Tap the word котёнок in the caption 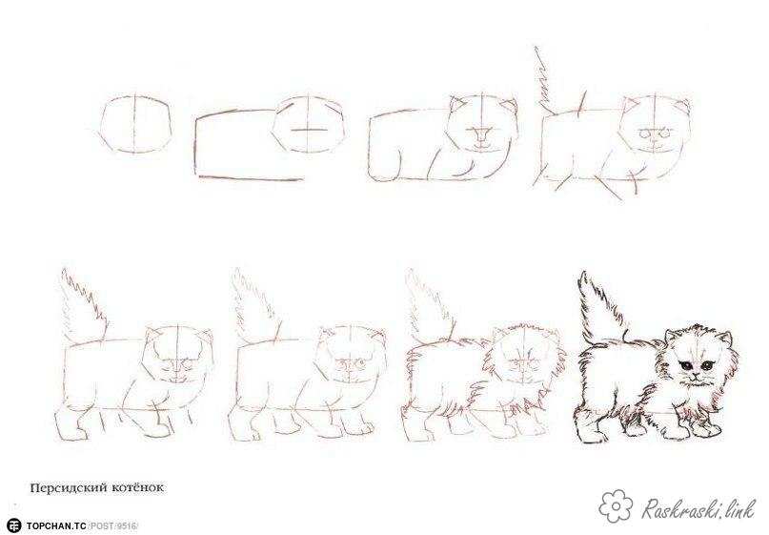tap(135, 488)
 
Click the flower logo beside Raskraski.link tap(617, 505)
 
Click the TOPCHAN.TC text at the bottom tap(56, 526)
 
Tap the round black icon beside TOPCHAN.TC tap(14, 525)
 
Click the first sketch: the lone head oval tap(137, 124)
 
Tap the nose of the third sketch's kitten tap(481, 134)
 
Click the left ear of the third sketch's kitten tap(457, 105)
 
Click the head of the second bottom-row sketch tap(350, 357)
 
